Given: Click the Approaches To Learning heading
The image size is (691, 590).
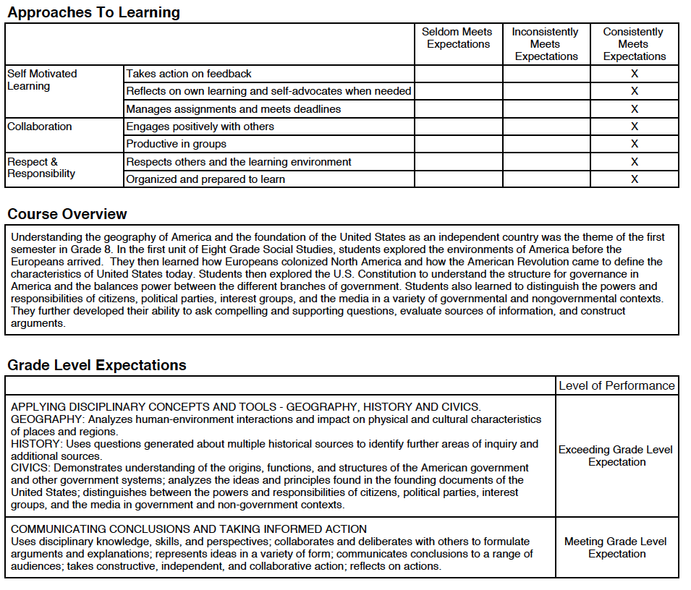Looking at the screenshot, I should point(93,12).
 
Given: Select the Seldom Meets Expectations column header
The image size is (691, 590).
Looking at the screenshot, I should point(457,38).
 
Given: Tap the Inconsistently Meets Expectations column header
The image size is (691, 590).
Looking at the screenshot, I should point(546,44).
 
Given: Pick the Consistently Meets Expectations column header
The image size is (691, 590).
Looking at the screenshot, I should point(634,44).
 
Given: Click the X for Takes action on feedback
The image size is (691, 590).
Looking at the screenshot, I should point(635,74).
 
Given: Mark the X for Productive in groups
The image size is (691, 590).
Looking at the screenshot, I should point(635,144).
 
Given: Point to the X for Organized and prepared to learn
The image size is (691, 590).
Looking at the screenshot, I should point(635,179).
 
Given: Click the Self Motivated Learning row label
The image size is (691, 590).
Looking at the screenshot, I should point(42,80).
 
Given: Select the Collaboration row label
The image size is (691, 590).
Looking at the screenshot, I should point(40,127).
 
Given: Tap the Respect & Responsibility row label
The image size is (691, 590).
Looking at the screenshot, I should point(41,168).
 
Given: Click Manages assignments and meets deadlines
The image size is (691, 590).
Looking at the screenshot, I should point(233,109).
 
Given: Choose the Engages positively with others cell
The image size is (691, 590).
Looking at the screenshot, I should point(200,127).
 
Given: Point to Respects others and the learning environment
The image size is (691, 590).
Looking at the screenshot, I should point(238,162).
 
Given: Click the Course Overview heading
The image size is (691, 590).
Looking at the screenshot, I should point(67,214).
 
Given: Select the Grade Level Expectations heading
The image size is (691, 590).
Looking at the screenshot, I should point(97,365).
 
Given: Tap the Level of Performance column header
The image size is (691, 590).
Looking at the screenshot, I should point(616,385).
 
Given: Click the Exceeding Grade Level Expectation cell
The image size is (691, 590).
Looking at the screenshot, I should point(616,456).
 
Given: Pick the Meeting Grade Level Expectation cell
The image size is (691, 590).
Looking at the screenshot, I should point(616,547).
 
